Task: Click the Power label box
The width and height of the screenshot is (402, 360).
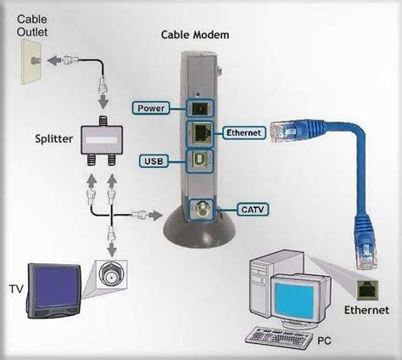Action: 150,108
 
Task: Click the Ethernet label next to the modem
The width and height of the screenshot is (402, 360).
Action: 243,133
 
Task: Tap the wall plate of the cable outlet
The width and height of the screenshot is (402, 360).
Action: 28,63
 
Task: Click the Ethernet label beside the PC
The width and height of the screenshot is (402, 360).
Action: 366,312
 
